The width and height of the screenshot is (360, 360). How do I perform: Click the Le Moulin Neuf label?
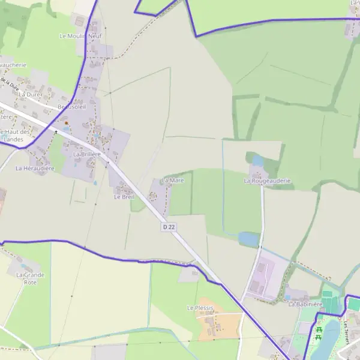[80, 36]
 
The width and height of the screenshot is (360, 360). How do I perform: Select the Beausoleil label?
[71, 107]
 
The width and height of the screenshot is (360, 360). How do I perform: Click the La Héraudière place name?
[35, 169]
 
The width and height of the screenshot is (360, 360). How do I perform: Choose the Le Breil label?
[124, 196]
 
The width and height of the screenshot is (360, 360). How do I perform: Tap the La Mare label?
[173, 181]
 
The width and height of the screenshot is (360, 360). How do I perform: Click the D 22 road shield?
[169, 226]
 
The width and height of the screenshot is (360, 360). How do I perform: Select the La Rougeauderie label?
[267, 181]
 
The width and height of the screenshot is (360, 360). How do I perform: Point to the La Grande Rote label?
[30, 278]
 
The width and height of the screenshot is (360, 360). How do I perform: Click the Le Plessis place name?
[200, 308]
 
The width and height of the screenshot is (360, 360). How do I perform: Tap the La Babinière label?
[305, 304]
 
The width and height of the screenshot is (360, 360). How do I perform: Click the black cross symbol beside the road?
[56, 131]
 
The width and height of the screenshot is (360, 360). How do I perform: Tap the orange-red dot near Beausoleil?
[66, 123]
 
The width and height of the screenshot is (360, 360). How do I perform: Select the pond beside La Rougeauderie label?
[258, 160]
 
